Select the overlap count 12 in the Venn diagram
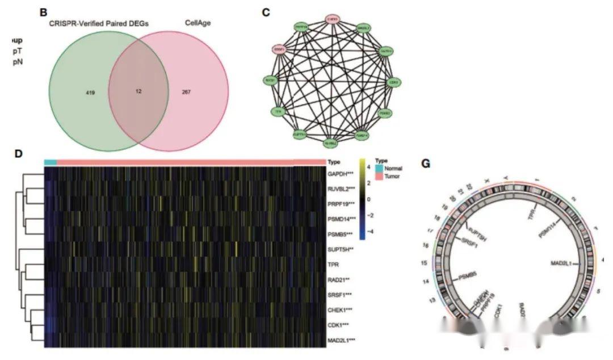tap(138, 91)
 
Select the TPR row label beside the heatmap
tap(333, 264)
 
